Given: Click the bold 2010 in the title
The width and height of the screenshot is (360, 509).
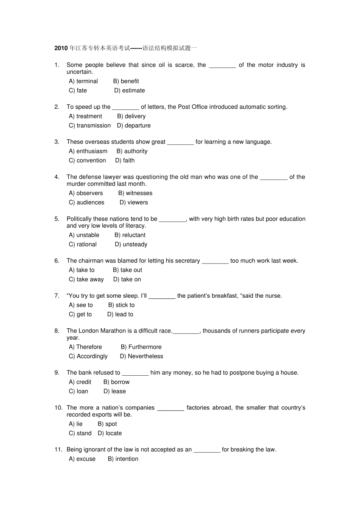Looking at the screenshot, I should tap(61, 48).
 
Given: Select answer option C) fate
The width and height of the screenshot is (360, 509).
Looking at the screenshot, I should tap(78, 91).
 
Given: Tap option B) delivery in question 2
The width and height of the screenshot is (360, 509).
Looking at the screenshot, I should tap(131, 116).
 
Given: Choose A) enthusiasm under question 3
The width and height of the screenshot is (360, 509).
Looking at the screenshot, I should tap(88, 151).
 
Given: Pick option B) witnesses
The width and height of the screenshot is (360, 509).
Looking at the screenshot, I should tap(135, 193).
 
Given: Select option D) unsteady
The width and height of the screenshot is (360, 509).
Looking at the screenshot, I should tap(131, 244).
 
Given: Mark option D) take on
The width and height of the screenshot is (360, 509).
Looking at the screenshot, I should tap(127, 279).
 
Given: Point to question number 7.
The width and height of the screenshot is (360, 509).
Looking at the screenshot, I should tap(57, 296).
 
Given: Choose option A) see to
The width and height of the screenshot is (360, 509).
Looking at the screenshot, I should tap(81, 305).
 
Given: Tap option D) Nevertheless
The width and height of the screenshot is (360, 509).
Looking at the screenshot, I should tap(141, 356).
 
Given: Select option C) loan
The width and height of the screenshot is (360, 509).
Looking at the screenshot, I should tap(78, 392).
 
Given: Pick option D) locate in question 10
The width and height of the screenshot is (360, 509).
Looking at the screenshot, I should tap(110, 433).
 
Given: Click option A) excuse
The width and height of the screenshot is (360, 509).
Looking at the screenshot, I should tap(82, 459).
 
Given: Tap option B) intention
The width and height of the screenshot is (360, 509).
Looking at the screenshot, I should tap(123, 459).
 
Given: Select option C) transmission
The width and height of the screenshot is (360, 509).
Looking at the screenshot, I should tap(90, 126).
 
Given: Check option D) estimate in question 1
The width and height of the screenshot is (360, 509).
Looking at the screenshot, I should tap(130, 91).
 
